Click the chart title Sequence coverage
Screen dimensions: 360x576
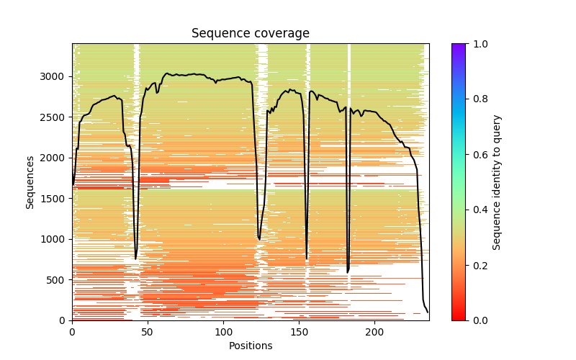[x=250, y=34]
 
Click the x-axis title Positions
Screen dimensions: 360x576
[x=250, y=346]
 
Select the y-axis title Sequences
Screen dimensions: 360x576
[x=30, y=181]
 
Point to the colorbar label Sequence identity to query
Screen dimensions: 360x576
[x=497, y=181]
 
